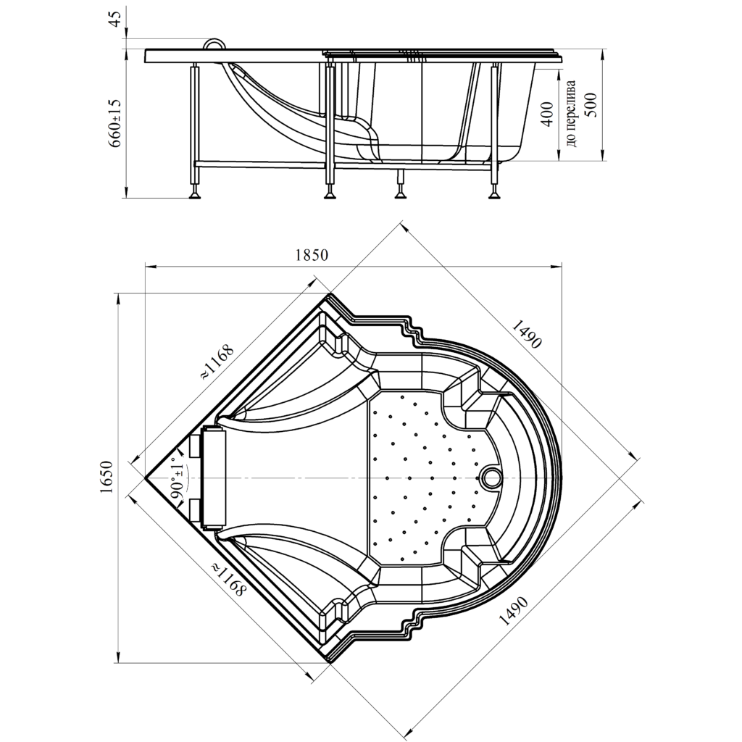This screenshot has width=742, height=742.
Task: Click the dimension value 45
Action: (x=116, y=19)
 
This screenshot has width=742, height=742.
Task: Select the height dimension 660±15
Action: (x=116, y=123)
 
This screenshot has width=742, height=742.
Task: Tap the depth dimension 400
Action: (x=547, y=114)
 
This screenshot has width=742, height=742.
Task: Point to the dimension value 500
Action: (x=591, y=104)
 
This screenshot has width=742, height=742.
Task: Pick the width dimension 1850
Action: (x=312, y=255)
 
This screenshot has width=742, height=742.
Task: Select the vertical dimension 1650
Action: (x=107, y=477)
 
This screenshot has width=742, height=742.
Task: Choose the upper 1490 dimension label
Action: (x=526, y=333)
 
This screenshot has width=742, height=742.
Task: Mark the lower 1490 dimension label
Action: (x=514, y=611)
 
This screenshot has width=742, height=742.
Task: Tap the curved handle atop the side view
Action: (x=215, y=43)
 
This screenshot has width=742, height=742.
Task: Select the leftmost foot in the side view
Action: (x=194, y=194)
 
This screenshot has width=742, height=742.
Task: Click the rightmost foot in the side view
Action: (x=494, y=194)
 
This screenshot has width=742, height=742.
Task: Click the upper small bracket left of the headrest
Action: (x=196, y=446)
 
